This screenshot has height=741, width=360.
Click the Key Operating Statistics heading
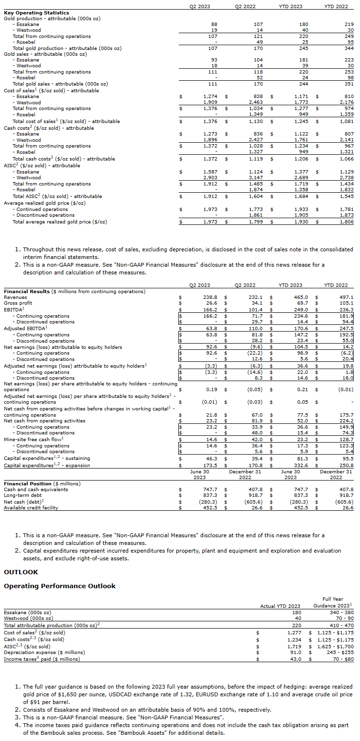tap(37, 13)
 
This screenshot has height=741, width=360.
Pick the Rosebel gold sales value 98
tap(349, 78)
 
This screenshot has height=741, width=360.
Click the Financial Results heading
tap(27, 292)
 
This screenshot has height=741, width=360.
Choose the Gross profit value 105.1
tap(346, 304)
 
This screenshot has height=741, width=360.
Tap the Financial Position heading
tap(28, 483)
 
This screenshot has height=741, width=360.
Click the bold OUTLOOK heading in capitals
tap(21, 572)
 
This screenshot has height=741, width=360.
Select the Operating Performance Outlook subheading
tap(60, 586)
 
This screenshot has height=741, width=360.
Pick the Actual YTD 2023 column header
tap(280, 606)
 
